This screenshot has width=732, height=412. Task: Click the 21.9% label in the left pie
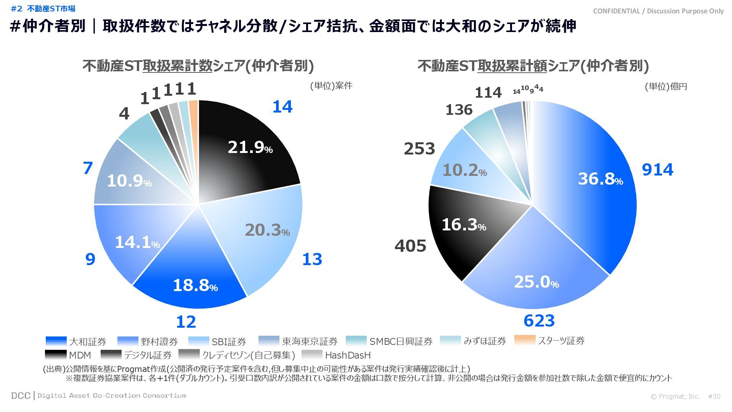(250, 147)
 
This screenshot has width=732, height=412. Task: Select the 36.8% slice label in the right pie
(600, 179)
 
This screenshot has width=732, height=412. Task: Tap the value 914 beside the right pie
(658, 169)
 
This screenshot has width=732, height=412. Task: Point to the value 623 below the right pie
(539, 321)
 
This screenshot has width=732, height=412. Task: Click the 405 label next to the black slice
(410, 246)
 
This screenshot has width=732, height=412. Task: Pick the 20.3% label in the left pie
(267, 230)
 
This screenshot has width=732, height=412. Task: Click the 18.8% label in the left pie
(195, 285)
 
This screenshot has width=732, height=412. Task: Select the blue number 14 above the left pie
(282, 107)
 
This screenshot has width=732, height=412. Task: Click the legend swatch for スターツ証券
(525, 340)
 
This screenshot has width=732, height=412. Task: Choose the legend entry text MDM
(80, 356)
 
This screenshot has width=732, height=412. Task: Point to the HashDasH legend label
(348, 356)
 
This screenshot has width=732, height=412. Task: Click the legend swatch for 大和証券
(56, 341)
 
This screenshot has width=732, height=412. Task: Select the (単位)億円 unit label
(666, 87)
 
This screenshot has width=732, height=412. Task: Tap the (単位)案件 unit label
(331, 86)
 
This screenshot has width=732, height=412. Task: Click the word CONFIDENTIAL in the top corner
(616, 11)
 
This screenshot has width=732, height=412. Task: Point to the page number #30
(714, 397)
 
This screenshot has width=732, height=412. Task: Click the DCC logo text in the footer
(21, 396)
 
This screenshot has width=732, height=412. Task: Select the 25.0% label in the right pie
(536, 282)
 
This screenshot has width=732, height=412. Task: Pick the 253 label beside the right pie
(419, 149)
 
